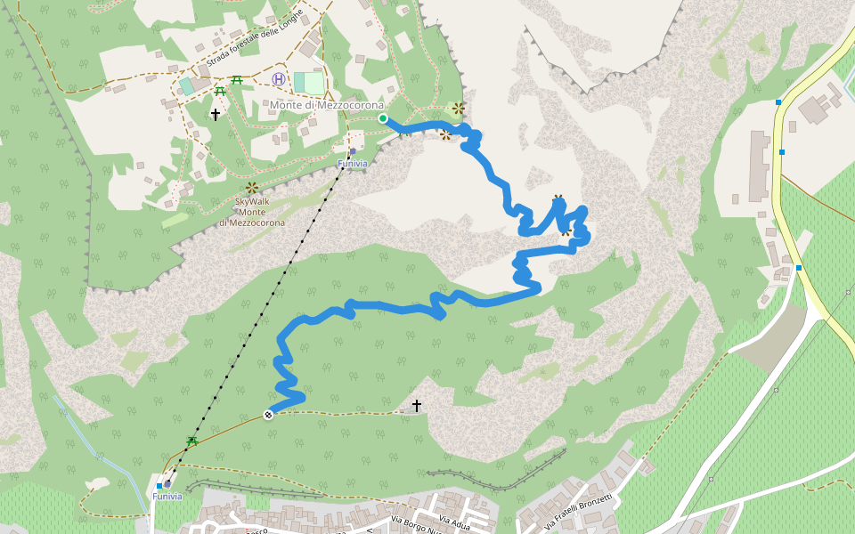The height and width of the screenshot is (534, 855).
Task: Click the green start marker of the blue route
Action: click(383, 118)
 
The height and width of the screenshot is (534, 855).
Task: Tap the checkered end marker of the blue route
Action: click(268, 414)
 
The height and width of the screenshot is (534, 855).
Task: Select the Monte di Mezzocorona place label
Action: click(327, 105)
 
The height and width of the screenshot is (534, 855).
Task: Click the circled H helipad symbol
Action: click(279, 79)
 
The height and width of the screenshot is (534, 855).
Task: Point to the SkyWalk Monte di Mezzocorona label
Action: click(252, 212)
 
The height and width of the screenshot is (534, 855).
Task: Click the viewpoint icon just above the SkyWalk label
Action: click(252, 188)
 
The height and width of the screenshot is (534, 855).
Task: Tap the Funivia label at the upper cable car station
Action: click(352, 164)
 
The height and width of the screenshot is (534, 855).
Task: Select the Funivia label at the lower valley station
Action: click(167, 497)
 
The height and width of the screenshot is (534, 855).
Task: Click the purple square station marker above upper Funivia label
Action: click(353, 151)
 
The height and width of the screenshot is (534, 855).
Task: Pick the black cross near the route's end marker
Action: click(416, 406)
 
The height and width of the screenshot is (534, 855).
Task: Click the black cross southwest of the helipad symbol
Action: click(215, 115)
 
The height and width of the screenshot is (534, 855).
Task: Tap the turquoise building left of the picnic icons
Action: click(186, 85)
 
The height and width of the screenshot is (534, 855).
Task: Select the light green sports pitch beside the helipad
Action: click(310, 83)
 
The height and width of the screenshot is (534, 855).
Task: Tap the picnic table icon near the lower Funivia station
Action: click(191, 441)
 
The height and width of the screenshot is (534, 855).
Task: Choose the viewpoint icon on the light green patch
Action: click(459, 109)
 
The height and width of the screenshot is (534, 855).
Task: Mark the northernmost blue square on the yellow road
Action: click(778, 102)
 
